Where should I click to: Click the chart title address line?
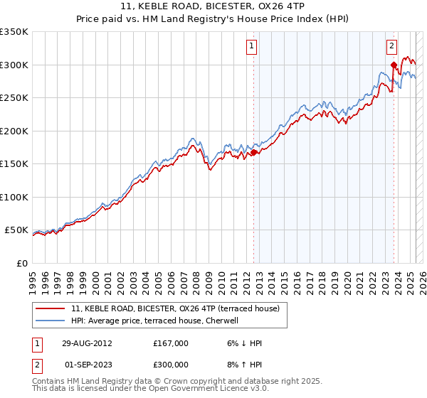point(213,8)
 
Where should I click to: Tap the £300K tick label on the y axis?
point(14,65)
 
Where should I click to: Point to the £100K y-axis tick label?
point(14,197)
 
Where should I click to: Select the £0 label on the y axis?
point(22,263)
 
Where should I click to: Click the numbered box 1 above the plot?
point(253,47)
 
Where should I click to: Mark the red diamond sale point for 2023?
point(394,65)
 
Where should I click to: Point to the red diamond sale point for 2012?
point(254,152)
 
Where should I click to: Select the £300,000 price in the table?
point(171,365)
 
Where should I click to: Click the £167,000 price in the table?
point(171,343)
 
